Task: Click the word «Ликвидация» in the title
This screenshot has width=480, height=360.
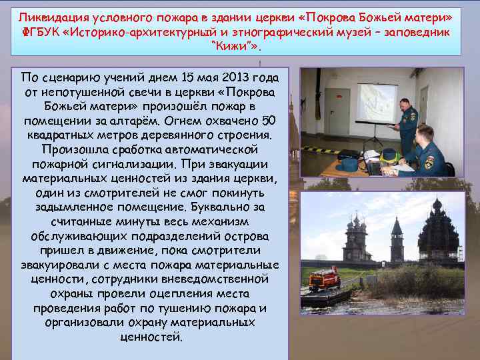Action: tap(48, 15)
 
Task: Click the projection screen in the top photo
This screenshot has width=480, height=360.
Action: tap(376, 102)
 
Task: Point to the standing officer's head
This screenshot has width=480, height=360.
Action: tap(405, 105)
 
